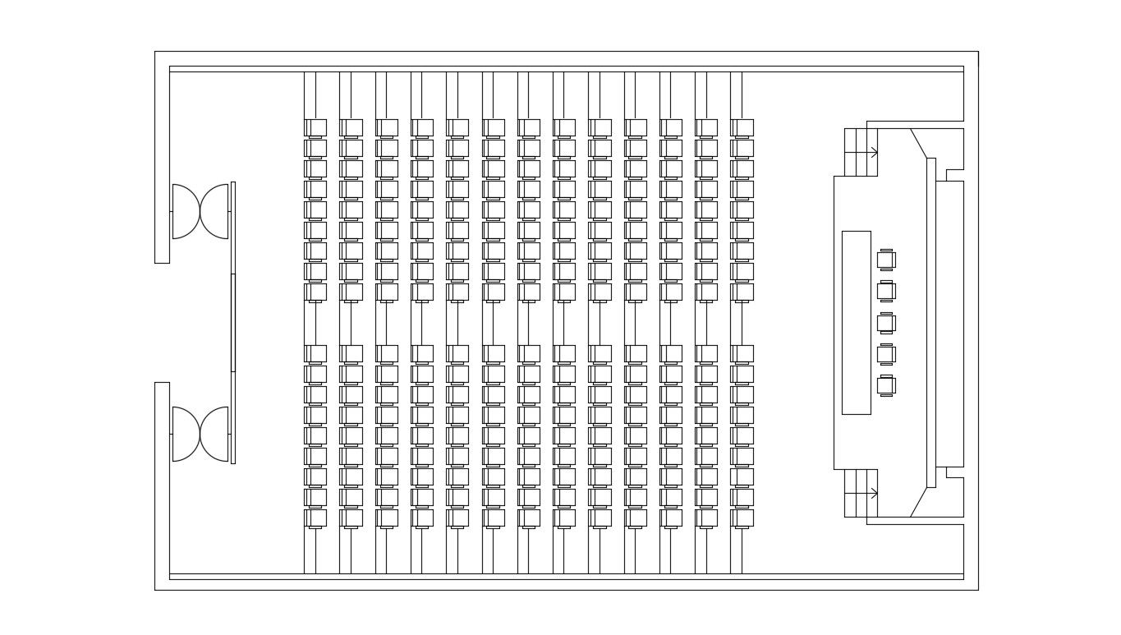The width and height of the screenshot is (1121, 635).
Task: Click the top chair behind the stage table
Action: point(885,260)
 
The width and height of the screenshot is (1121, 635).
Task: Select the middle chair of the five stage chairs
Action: point(885,323)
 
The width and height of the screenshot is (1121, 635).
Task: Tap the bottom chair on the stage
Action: point(885,385)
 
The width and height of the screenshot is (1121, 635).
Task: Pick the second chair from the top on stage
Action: point(885,291)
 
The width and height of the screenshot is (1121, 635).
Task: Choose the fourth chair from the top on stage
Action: point(885,354)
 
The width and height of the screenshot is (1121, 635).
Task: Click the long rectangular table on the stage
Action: point(856,322)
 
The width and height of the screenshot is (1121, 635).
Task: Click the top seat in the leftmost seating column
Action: point(316,127)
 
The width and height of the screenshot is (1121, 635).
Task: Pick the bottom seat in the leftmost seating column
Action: point(316,518)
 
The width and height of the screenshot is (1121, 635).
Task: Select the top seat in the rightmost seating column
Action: point(742,127)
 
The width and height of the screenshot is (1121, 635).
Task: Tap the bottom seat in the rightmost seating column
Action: point(742,518)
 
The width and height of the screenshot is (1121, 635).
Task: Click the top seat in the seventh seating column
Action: point(530,127)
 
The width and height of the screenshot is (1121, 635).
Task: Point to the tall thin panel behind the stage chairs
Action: point(931,322)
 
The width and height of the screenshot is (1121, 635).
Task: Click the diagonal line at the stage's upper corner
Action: point(918,143)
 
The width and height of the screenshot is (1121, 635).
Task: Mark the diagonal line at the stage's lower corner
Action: point(918,502)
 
